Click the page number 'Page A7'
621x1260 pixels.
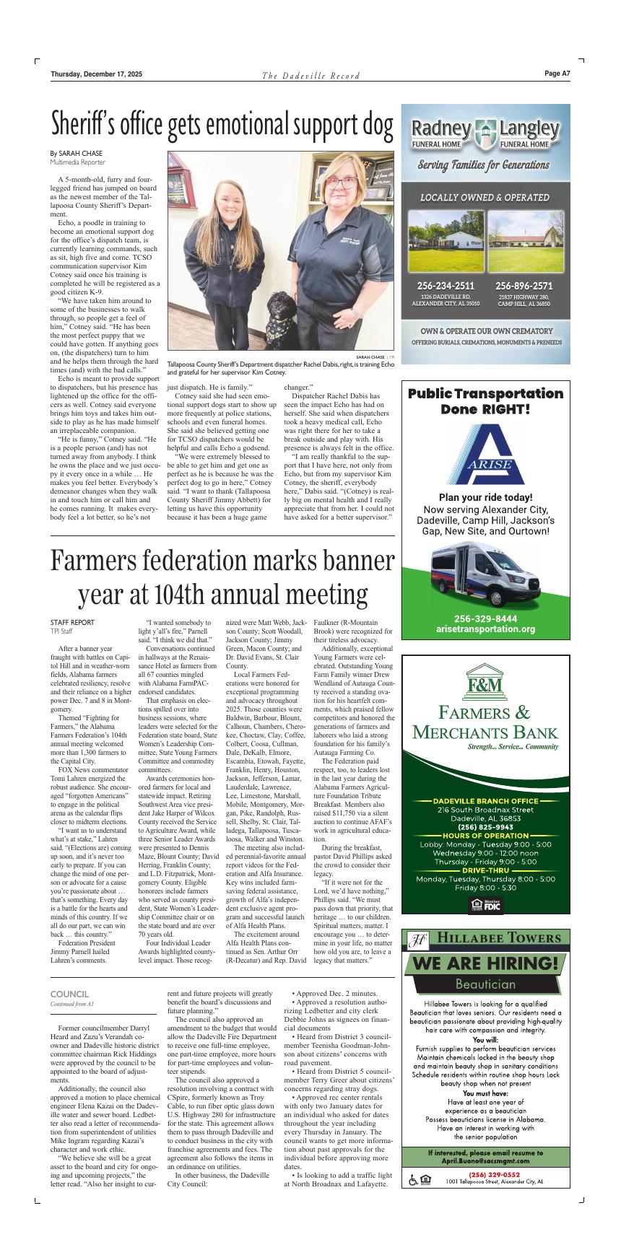tap(557, 74)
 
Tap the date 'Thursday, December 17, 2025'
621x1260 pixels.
tap(96, 74)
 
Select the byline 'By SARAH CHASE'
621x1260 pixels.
tap(76, 153)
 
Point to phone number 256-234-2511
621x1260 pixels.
tap(446, 285)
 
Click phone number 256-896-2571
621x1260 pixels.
tap(524, 285)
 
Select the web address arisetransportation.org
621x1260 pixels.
tap(485, 629)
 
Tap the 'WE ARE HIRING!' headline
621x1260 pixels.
tap(485, 963)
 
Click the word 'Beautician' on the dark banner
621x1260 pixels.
tap(485, 984)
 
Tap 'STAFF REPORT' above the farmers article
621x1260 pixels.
tap(72, 622)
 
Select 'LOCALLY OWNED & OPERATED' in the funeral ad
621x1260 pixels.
tap(485, 197)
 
